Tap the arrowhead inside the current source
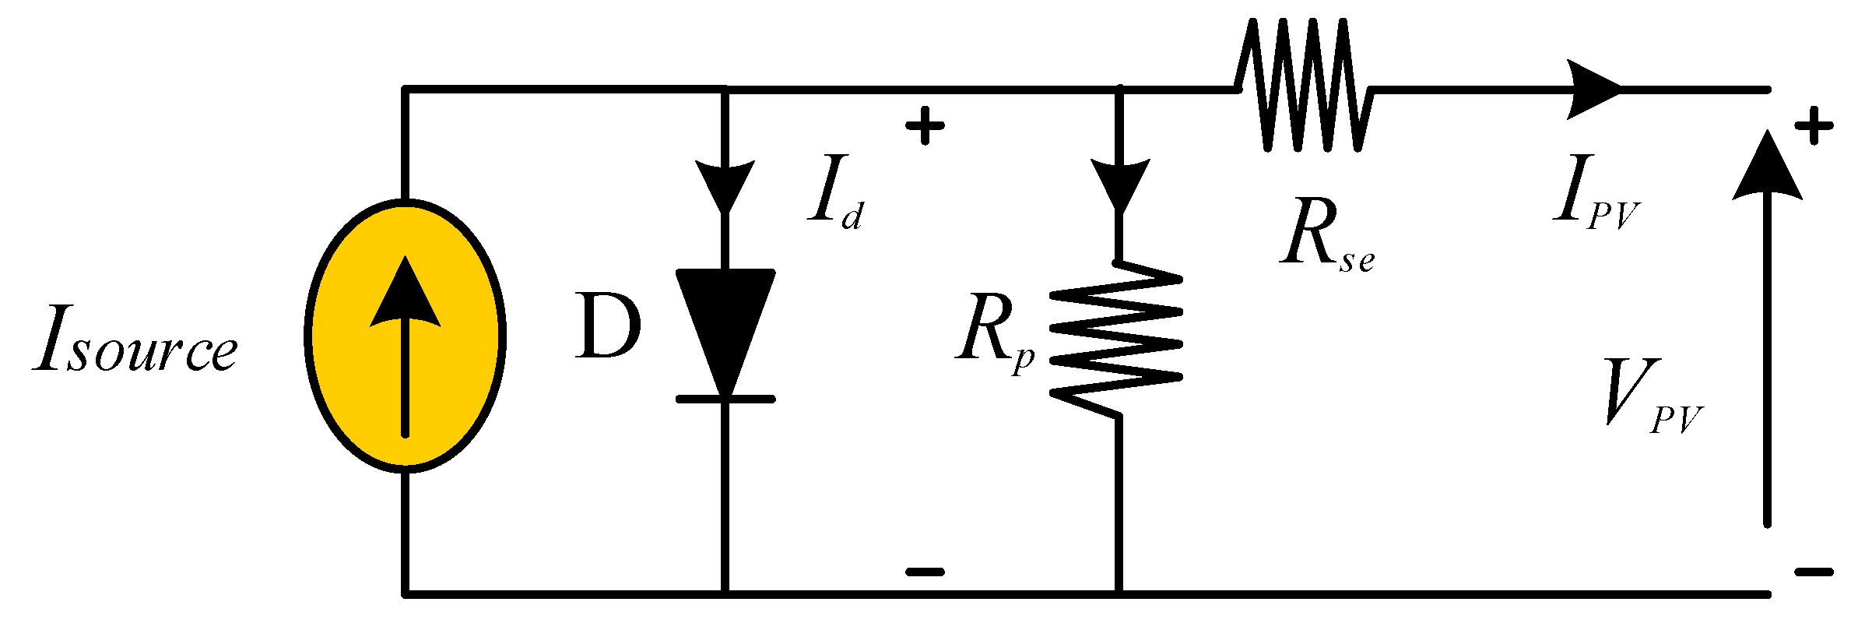pos(405,296)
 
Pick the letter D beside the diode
pos(608,327)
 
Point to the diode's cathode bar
pos(725,399)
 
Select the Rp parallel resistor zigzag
pos(1117,339)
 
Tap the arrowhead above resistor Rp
pos(1119,184)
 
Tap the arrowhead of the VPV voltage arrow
pos(1767,167)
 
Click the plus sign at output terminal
pos(1814,125)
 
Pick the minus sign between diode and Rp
pos(925,572)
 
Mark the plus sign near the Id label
pos(925,125)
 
